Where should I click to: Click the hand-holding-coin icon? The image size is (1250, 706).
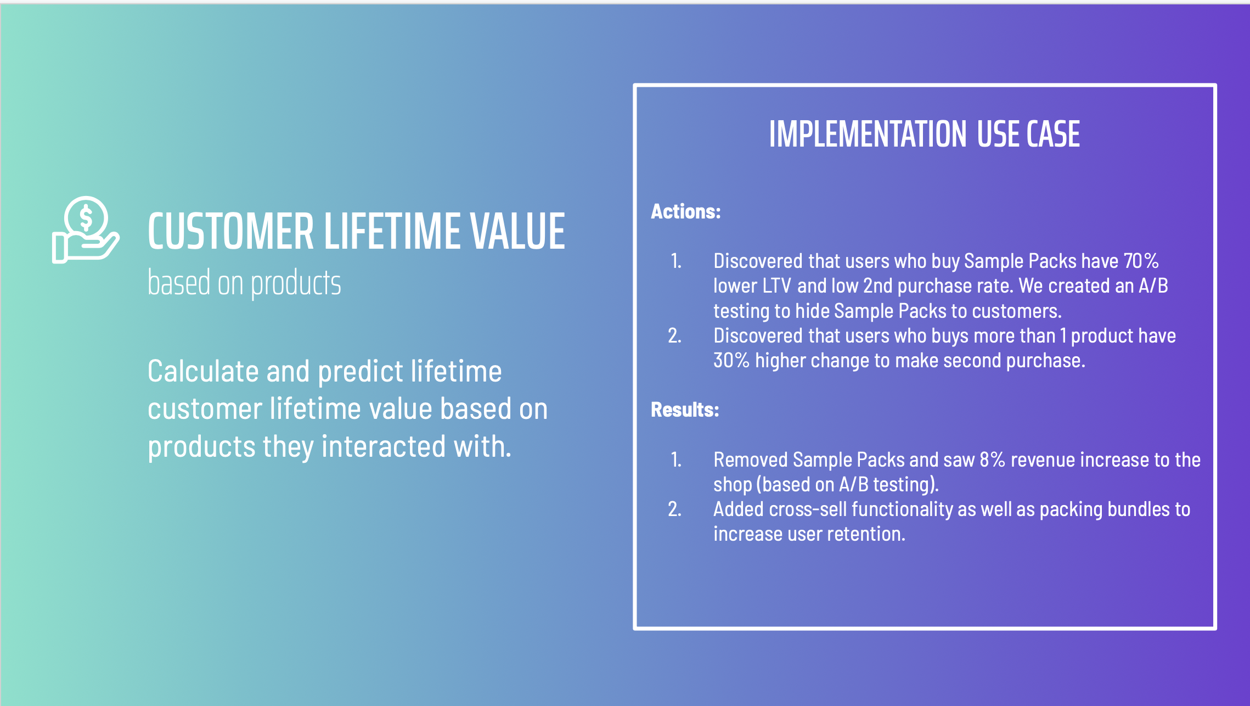click(85, 230)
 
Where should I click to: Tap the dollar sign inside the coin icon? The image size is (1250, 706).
click(86, 217)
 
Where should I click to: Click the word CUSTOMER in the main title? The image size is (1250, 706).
click(230, 231)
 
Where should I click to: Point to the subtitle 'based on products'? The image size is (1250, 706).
click(244, 283)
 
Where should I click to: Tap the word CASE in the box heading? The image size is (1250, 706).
click(1053, 134)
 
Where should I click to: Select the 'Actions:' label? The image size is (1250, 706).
click(685, 211)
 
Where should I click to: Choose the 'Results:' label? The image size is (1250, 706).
click(685, 410)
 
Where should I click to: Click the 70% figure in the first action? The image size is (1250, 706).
click(1141, 261)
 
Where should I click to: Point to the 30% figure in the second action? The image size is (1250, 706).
click(731, 360)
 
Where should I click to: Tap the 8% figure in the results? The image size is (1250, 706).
click(992, 460)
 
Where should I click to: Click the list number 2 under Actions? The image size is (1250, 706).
click(675, 335)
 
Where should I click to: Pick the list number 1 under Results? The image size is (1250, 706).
click(676, 460)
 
